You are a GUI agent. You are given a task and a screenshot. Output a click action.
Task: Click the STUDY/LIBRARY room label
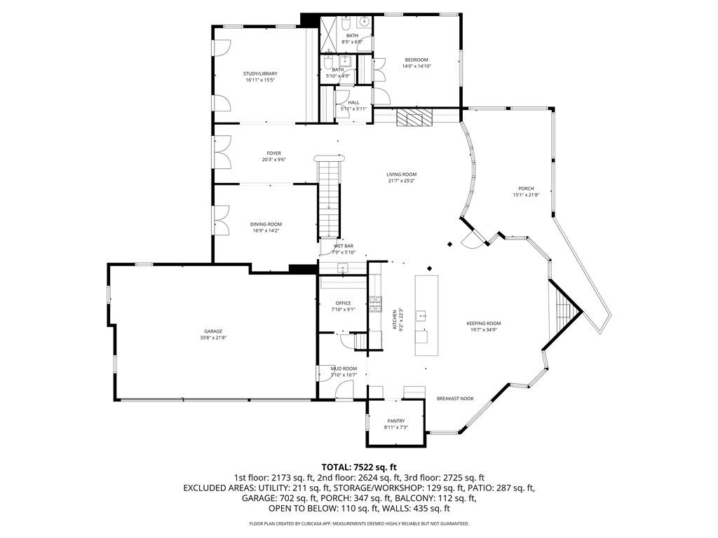click(x=260, y=74)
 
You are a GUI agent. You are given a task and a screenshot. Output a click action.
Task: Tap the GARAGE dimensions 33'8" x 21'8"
click(x=214, y=338)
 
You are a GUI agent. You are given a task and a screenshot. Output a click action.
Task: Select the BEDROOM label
click(x=415, y=60)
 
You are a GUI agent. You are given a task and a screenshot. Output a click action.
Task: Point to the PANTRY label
click(x=395, y=421)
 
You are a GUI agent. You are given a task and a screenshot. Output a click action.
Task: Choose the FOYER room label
click(x=273, y=153)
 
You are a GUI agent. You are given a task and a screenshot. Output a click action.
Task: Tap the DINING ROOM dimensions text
click(x=266, y=230)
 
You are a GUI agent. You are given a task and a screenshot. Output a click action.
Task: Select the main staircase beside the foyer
click(x=329, y=197)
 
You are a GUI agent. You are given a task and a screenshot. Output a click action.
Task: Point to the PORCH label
click(x=526, y=188)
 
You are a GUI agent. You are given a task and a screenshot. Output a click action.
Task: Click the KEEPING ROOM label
click(x=484, y=323)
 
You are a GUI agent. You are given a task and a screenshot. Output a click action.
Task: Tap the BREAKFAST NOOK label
click(x=455, y=399)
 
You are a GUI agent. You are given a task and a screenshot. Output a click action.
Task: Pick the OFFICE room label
click(x=343, y=303)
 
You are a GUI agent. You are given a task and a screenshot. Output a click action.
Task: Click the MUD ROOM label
click(x=344, y=368)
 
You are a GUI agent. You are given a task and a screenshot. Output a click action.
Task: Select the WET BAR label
click(x=344, y=246)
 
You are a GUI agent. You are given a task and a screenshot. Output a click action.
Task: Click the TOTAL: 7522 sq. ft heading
click(x=359, y=467)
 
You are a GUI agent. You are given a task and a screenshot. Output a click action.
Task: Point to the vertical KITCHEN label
click(x=395, y=319)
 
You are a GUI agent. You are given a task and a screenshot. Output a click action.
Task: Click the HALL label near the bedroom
click(x=353, y=102)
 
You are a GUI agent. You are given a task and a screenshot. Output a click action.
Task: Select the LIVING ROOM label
click(x=402, y=174)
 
